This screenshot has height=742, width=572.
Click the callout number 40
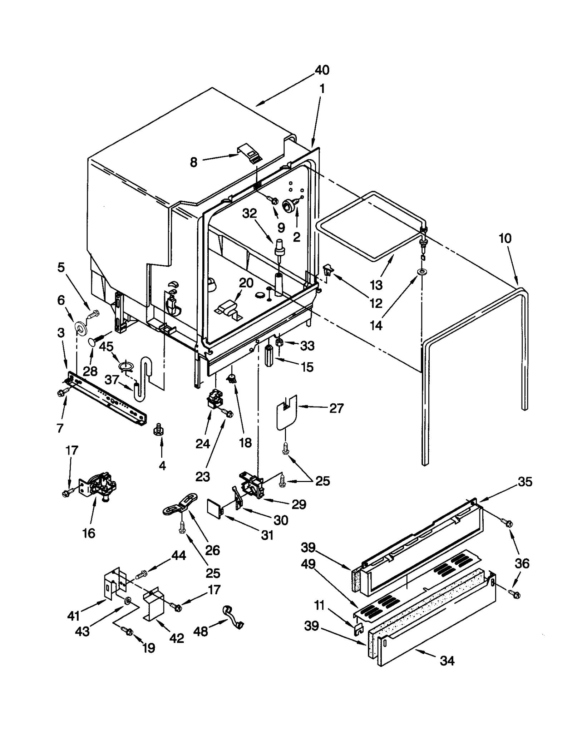pyautogui.click(x=322, y=70)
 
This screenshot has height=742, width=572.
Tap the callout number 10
pyautogui.click(x=505, y=238)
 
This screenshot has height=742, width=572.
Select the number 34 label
pyautogui.click(x=447, y=661)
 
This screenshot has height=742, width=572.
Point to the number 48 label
pyautogui.click(x=200, y=632)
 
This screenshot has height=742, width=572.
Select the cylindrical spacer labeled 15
pyautogui.click(x=269, y=355)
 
